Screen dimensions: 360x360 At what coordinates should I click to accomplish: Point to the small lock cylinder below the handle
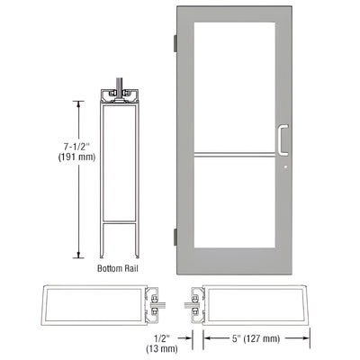pos(284,165)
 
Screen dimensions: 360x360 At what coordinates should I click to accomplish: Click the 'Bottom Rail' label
pos(118,268)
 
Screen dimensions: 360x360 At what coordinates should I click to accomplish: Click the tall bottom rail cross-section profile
pos(117,171)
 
